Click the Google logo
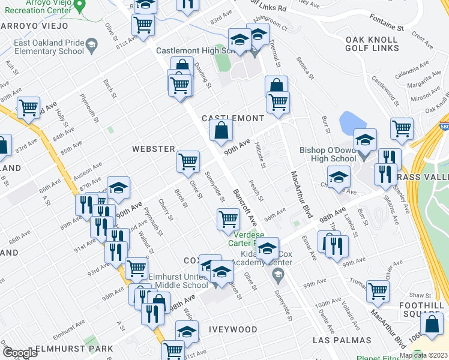coord(19,353)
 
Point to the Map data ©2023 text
coord(423,355)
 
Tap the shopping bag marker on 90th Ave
coord(221,129)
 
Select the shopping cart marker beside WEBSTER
coord(188,161)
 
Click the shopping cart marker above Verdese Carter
coord(228,219)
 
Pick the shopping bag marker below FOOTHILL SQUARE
coord(432,324)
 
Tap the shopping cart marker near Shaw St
coord(378,291)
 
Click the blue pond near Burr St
coord(349,124)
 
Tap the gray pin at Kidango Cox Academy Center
coord(277,276)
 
